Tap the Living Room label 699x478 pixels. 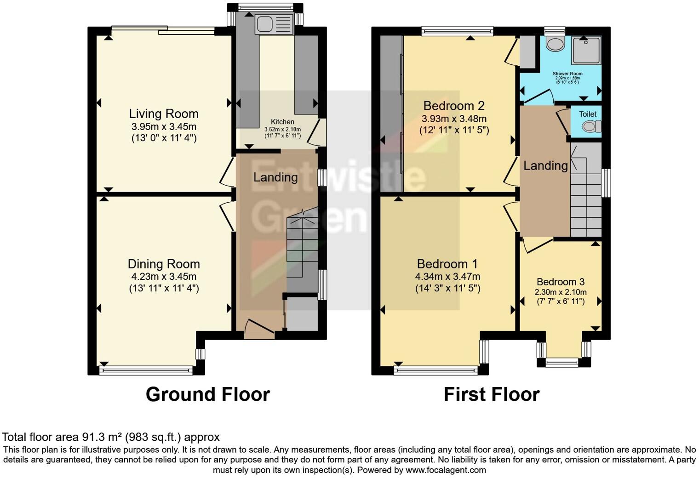pos(164,114)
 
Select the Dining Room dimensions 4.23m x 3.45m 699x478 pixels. pos(164,277)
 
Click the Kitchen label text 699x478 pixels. pos(282,122)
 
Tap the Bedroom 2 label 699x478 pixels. pos(454,106)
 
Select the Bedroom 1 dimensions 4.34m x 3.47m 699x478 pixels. pos(447,277)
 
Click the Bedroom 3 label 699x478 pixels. pos(560,282)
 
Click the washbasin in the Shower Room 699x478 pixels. pos(556,44)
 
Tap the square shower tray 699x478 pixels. pos(586,50)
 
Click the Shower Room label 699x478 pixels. pos(567,74)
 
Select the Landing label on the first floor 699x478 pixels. pos(545,165)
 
